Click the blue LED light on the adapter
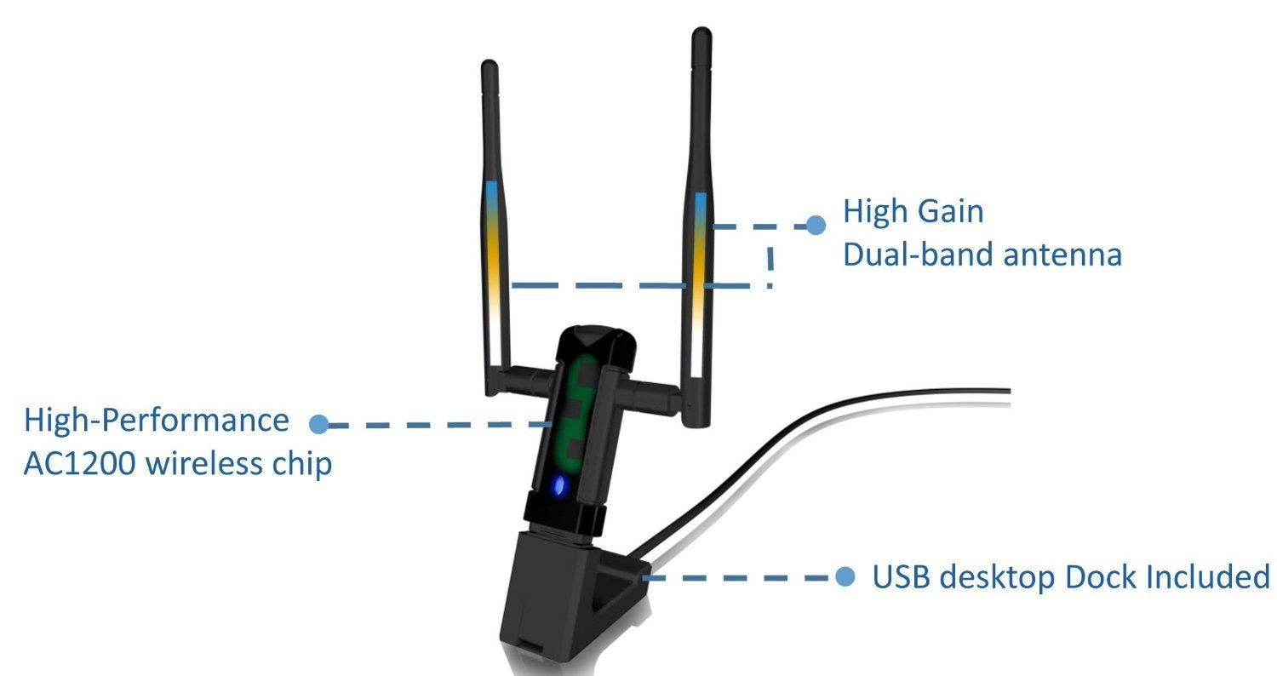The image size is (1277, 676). click(x=558, y=486)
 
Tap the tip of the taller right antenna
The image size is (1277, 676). click(x=701, y=36)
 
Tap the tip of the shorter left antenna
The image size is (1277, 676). click(x=489, y=66)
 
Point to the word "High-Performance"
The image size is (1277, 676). click(x=156, y=420)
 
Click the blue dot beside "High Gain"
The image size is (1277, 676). click(x=816, y=225)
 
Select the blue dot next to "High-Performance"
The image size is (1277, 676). click(x=319, y=423)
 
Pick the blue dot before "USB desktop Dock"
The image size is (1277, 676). click(x=845, y=577)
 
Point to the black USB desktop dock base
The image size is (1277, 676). click(x=553, y=596)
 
